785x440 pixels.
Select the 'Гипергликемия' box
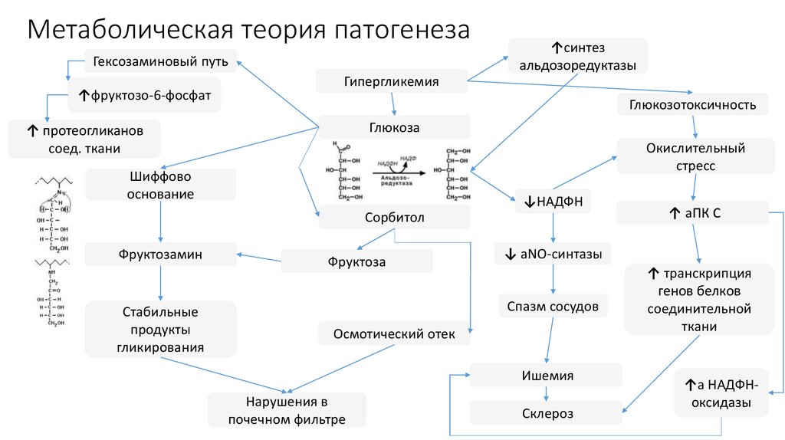[391, 81]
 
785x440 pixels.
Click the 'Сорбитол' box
[394, 218]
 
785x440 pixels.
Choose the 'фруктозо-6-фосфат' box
[145, 95]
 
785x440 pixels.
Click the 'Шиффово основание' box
[160, 186]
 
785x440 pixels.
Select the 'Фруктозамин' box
[160, 254]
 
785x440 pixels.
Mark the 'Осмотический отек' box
[394, 333]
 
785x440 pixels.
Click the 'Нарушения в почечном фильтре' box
[286, 410]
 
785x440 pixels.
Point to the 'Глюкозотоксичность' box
[693, 104]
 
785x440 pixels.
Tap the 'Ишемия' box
[545, 376]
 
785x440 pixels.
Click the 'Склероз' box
[545, 413]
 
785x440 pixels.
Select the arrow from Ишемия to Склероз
[545, 394]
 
